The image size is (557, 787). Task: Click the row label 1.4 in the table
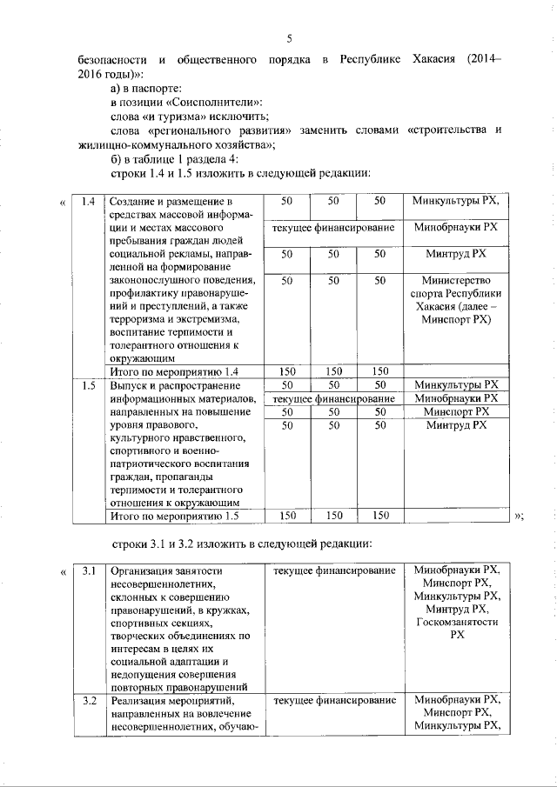pyautogui.click(x=86, y=202)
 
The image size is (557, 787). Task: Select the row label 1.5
pyautogui.click(x=86, y=384)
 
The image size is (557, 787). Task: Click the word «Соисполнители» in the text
pyautogui.click(x=194, y=102)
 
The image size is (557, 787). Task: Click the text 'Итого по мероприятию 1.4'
pyautogui.click(x=170, y=371)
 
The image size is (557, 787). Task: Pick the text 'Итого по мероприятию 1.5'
pyautogui.click(x=170, y=517)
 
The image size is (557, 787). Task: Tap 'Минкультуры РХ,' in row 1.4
pyautogui.click(x=456, y=202)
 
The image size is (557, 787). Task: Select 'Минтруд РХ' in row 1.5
pyautogui.click(x=456, y=425)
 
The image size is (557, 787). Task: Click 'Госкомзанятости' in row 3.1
pyautogui.click(x=457, y=623)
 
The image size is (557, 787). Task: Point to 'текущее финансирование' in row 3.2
pyautogui.click(x=334, y=700)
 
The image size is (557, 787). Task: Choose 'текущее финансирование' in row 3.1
pyautogui.click(x=334, y=571)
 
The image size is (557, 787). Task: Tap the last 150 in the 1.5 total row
pyautogui.click(x=379, y=517)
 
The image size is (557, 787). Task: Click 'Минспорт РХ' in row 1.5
pyautogui.click(x=456, y=411)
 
